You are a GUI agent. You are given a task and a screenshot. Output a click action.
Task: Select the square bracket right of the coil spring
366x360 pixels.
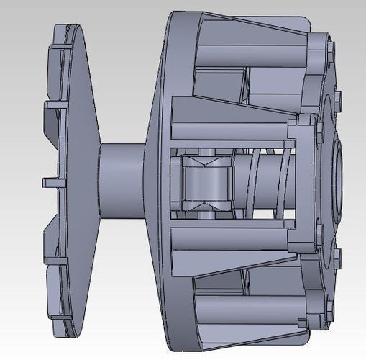pos(302,180)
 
